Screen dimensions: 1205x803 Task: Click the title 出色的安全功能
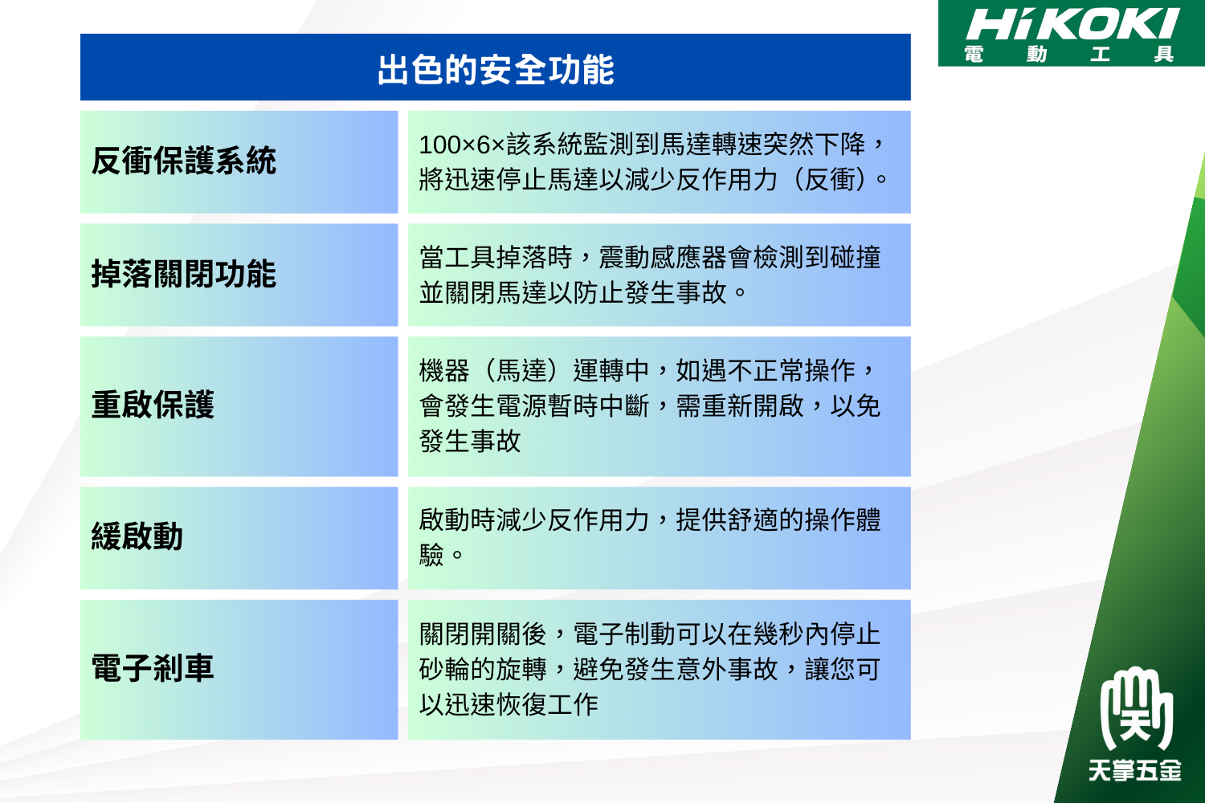(496, 69)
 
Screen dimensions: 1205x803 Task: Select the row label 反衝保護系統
(183, 161)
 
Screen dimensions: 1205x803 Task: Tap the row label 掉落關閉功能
(183, 274)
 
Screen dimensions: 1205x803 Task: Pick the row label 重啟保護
(153, 405)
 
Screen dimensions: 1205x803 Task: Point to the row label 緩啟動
(137, 536)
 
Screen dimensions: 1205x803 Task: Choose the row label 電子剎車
(153, 668)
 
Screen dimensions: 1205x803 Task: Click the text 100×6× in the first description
(462, 145)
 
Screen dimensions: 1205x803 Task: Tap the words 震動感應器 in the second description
(663, 257)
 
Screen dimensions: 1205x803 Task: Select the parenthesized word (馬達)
(521, 370)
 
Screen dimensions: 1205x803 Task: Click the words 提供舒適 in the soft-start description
(727, 520)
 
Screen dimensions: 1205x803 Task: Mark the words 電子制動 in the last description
(624, 634)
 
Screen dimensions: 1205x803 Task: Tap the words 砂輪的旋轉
(483, 669)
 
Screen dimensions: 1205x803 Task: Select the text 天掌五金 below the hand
(1135, 770)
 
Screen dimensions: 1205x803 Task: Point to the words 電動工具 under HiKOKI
(1068, 54)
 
